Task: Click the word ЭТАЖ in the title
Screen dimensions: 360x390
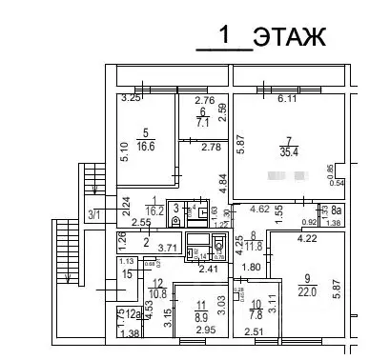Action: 290,37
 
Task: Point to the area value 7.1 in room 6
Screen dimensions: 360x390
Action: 202,123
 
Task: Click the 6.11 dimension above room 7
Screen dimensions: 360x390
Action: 287,99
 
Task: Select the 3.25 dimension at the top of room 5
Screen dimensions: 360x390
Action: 131,99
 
